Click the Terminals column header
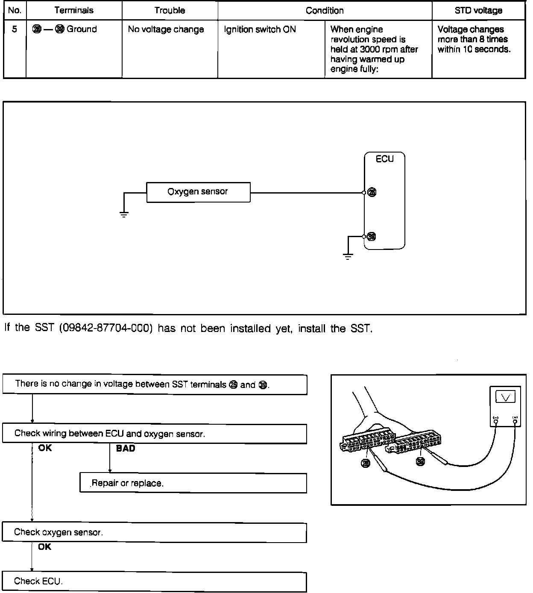click(74, 11)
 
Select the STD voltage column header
click(478, 11)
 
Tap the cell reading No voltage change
click(166, 29)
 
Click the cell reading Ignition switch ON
click(260, 29)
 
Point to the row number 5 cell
click(15, 29)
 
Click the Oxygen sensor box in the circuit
click(198, 192)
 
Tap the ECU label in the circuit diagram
click(384, 159)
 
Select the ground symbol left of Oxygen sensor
click(124, 214)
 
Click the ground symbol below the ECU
click(348, 257)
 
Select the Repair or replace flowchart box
click(193, 483)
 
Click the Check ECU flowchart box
click(154, 581)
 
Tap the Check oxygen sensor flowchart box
click(154, 532)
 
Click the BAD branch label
click(125, 449)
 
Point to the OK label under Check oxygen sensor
click(44, 547)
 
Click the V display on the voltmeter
click(505, 397)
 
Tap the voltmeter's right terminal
click(515, 422)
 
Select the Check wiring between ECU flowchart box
click(154, 434)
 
